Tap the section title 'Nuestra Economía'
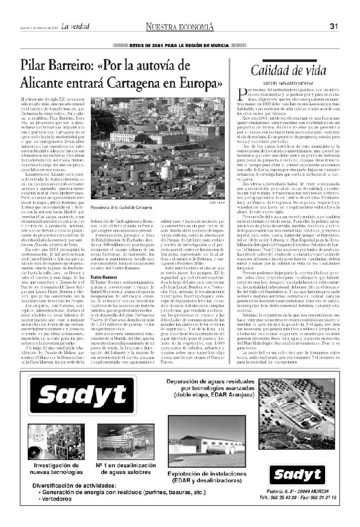coord(179,26)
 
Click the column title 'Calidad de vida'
coord(285,70)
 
